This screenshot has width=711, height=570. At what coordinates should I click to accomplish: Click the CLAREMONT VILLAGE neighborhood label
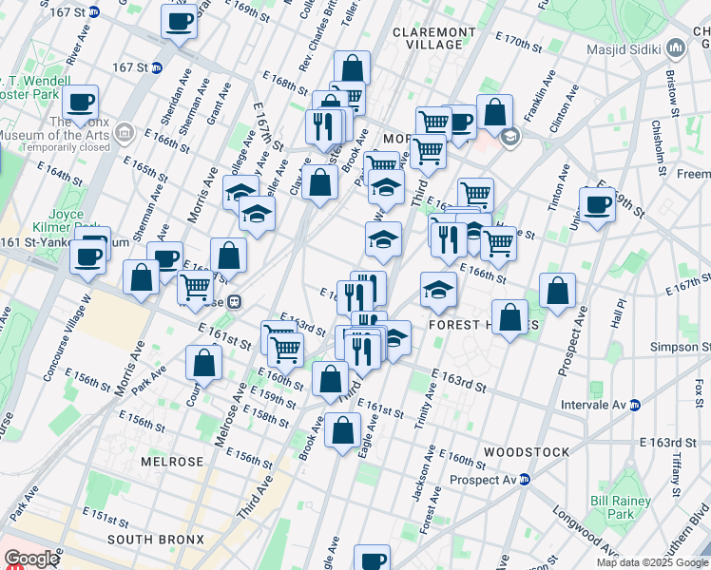[433, 38]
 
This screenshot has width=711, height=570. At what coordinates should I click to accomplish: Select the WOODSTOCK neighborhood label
[526, 451]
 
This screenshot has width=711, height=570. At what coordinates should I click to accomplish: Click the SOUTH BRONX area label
[155, 540]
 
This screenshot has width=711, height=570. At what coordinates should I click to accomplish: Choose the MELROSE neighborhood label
[172, 461]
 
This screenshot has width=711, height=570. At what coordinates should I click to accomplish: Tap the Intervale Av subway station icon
[634, 405]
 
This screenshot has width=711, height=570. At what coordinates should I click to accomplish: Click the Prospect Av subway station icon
[524, 479]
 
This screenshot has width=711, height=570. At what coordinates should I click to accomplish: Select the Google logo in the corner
[30, 559]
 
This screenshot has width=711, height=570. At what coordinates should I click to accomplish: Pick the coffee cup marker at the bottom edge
[372, 560]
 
